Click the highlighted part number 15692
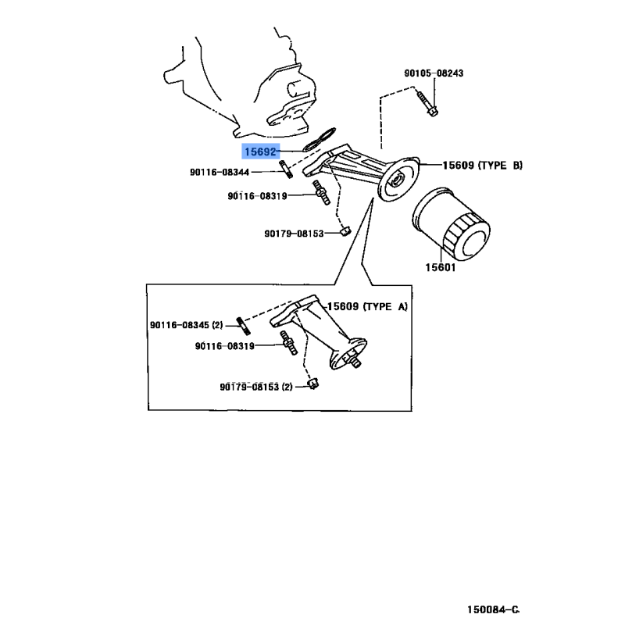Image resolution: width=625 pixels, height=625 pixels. click(261, 152)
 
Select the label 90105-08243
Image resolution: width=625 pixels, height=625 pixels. click(434, 73)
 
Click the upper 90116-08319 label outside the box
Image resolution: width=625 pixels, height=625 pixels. click(257, 196)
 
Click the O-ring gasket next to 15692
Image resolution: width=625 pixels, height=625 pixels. click(319, 141)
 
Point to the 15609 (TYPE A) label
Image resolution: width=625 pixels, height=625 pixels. click(366, 307)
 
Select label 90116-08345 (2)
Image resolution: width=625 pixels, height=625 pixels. click(187, 323)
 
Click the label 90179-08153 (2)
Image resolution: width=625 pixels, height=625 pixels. click(255, 387)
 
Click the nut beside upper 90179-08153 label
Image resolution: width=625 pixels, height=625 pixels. click(342, 231)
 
